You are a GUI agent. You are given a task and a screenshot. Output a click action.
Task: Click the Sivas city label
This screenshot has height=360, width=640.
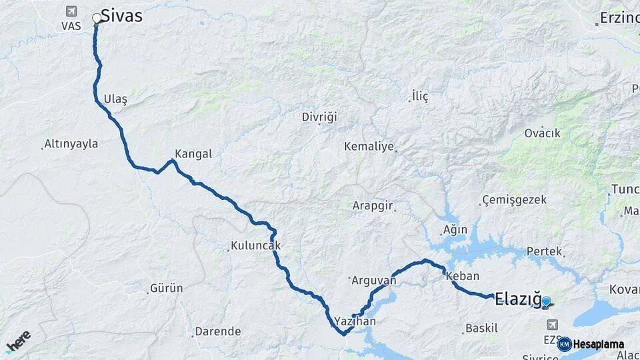(122, 16)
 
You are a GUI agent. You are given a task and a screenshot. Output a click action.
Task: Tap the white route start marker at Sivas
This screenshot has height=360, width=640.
(97, 18)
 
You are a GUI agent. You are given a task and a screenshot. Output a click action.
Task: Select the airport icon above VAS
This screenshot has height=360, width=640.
(71, 11)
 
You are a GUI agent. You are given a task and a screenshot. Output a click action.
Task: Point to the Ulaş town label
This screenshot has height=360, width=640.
(115, 99)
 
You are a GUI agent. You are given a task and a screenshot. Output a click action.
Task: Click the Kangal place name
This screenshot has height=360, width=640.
(193, 154)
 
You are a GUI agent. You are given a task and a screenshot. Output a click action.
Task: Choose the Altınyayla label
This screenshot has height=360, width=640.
(71, 144)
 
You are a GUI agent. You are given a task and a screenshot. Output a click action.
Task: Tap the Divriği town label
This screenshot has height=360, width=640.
(319, 117)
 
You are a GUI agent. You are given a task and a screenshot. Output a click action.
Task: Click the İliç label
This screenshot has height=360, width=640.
(420, 97)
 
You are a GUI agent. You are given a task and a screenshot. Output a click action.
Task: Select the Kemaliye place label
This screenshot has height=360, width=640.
(369, 147)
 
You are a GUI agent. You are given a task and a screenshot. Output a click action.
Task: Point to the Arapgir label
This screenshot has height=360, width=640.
(373, 205)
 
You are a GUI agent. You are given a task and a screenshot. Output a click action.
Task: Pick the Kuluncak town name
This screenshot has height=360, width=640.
(255, 246)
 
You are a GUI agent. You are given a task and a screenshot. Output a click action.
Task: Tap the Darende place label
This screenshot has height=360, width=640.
(217, 331)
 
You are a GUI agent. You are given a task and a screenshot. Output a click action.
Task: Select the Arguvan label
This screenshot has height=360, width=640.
(373, 281)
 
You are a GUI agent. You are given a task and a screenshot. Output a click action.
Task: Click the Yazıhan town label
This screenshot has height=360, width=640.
(355, 321)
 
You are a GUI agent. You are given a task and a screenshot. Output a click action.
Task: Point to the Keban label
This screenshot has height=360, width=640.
(463, 276)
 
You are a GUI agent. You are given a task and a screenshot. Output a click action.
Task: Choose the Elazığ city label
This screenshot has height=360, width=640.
(517, 299)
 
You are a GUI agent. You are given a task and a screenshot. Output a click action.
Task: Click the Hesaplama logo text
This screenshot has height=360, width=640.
(599, 345)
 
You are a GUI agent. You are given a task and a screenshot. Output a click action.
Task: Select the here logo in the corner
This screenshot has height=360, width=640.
(18, 341)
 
